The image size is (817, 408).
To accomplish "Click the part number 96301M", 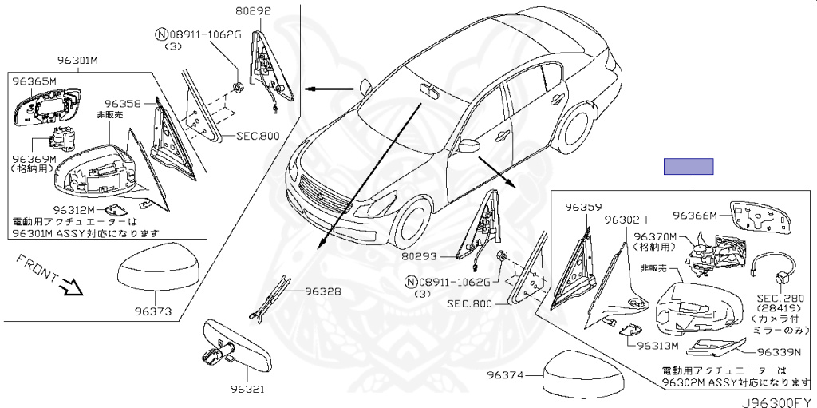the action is click(x=77, y=60).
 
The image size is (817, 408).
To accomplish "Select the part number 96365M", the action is click(x=34, y=81).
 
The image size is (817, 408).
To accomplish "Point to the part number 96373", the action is click(x=153, y=311).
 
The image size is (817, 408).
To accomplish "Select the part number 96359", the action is click(x=583, y=207).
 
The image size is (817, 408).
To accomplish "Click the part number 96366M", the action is click(x=696, y=215).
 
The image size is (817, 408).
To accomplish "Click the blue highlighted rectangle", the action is click(x=689, y=166).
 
